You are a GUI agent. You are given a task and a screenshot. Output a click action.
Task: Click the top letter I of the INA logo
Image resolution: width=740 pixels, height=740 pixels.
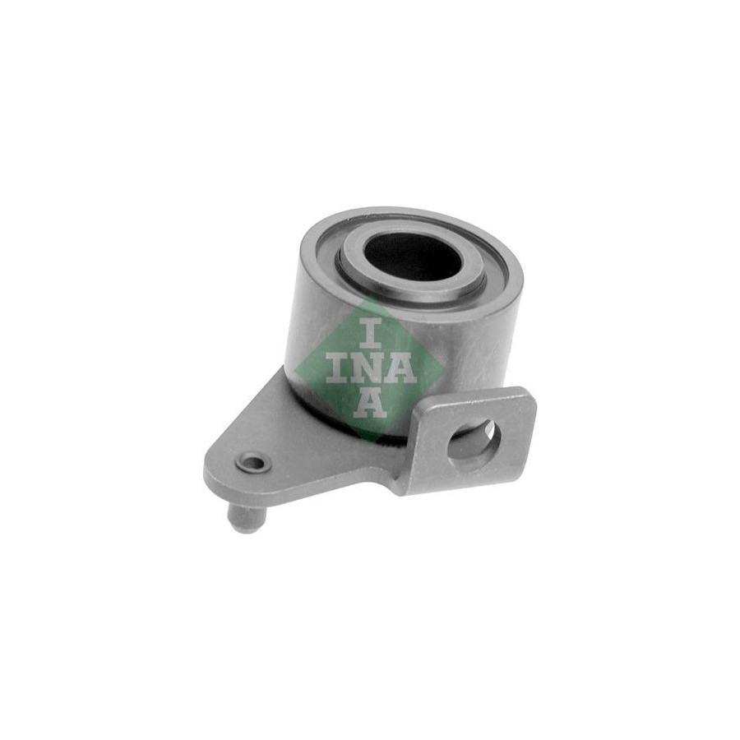(x=370, y=334)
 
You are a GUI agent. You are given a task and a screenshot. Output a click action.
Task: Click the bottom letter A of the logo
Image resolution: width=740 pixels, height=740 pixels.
(x=370, y=402)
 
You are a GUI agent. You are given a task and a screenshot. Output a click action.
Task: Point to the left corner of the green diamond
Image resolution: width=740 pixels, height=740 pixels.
(x=294, y=368)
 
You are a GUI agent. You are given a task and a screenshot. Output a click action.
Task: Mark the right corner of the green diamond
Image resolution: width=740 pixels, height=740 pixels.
(x=444, y=369)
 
